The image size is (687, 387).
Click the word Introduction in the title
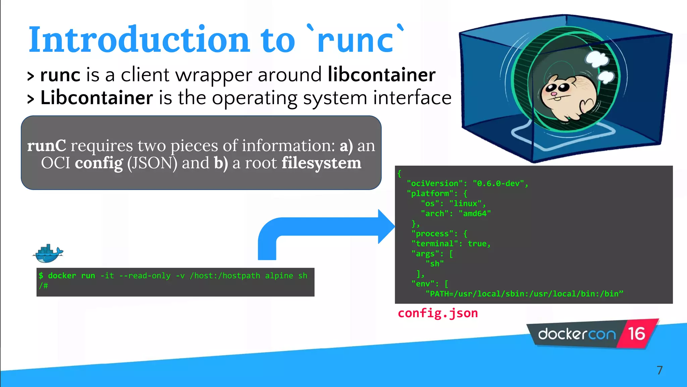pos(139,40)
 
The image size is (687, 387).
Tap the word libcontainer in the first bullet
pos(381,75)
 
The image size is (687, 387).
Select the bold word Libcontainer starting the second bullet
pos(97,98)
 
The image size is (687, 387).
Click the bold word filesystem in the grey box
pos(321,163)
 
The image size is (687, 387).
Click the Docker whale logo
pos(48,254)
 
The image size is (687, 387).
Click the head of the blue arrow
pos(386,226)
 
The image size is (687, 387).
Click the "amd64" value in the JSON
pos(474,214)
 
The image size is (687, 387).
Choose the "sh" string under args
pos(434,264)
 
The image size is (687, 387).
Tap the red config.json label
pos(437,313)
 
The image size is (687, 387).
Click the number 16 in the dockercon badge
pos(636,334)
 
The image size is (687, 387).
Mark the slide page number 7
pos(659,370)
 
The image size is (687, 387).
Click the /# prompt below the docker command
pos(43,286)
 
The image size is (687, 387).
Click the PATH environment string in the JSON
pos(524,294)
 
